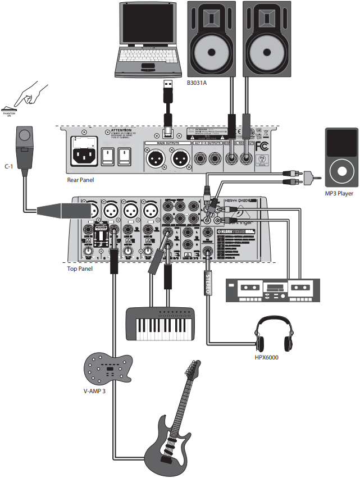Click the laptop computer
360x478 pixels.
click(149, 39)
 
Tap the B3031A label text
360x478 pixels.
click(198, 83)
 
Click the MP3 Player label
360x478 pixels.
click(339, 194)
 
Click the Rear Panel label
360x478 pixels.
click(80, 180)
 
